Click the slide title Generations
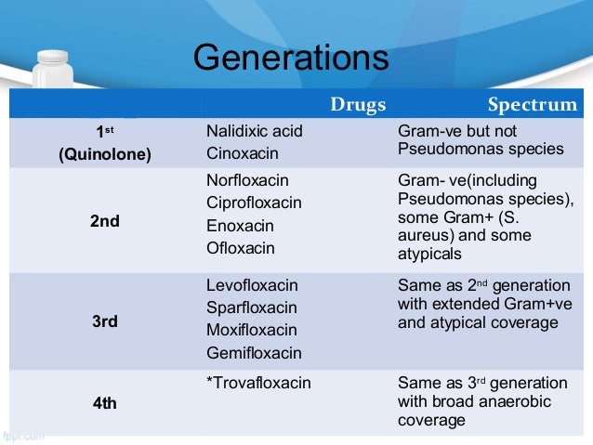pos(290,59)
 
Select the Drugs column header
pos(358,104)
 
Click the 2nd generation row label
pos(104,222)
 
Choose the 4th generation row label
pos(104,404)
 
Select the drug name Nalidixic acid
pos(254,131)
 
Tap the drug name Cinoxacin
pos(242,152)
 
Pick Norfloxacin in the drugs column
pos(247,179)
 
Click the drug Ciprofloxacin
pos(254,202)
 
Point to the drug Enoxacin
pos(240,225)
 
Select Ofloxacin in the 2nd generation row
pos(241,247)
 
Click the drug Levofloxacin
pos(252,285)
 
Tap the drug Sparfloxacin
pos(252,308)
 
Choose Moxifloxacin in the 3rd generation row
pos(251,330)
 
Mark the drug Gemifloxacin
pos(254,353)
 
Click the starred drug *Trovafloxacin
pos(258,382)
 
